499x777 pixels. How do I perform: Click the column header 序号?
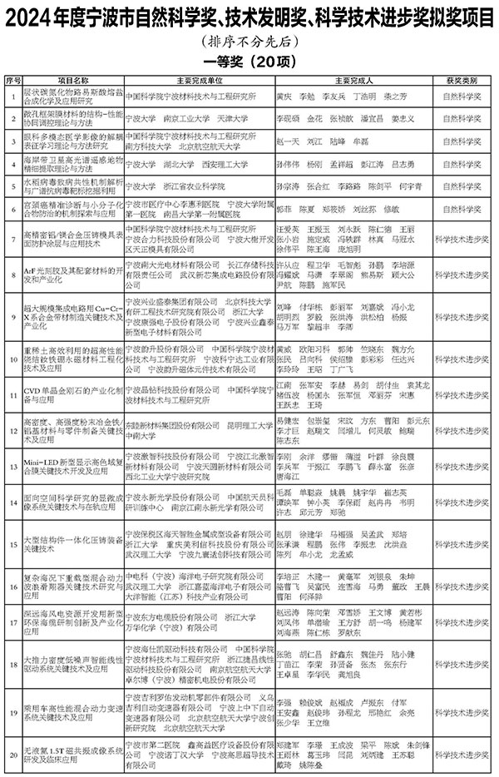click(12, 82)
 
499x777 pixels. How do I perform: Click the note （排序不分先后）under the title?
click(249, 42)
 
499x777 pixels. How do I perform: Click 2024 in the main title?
click(33, 17)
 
